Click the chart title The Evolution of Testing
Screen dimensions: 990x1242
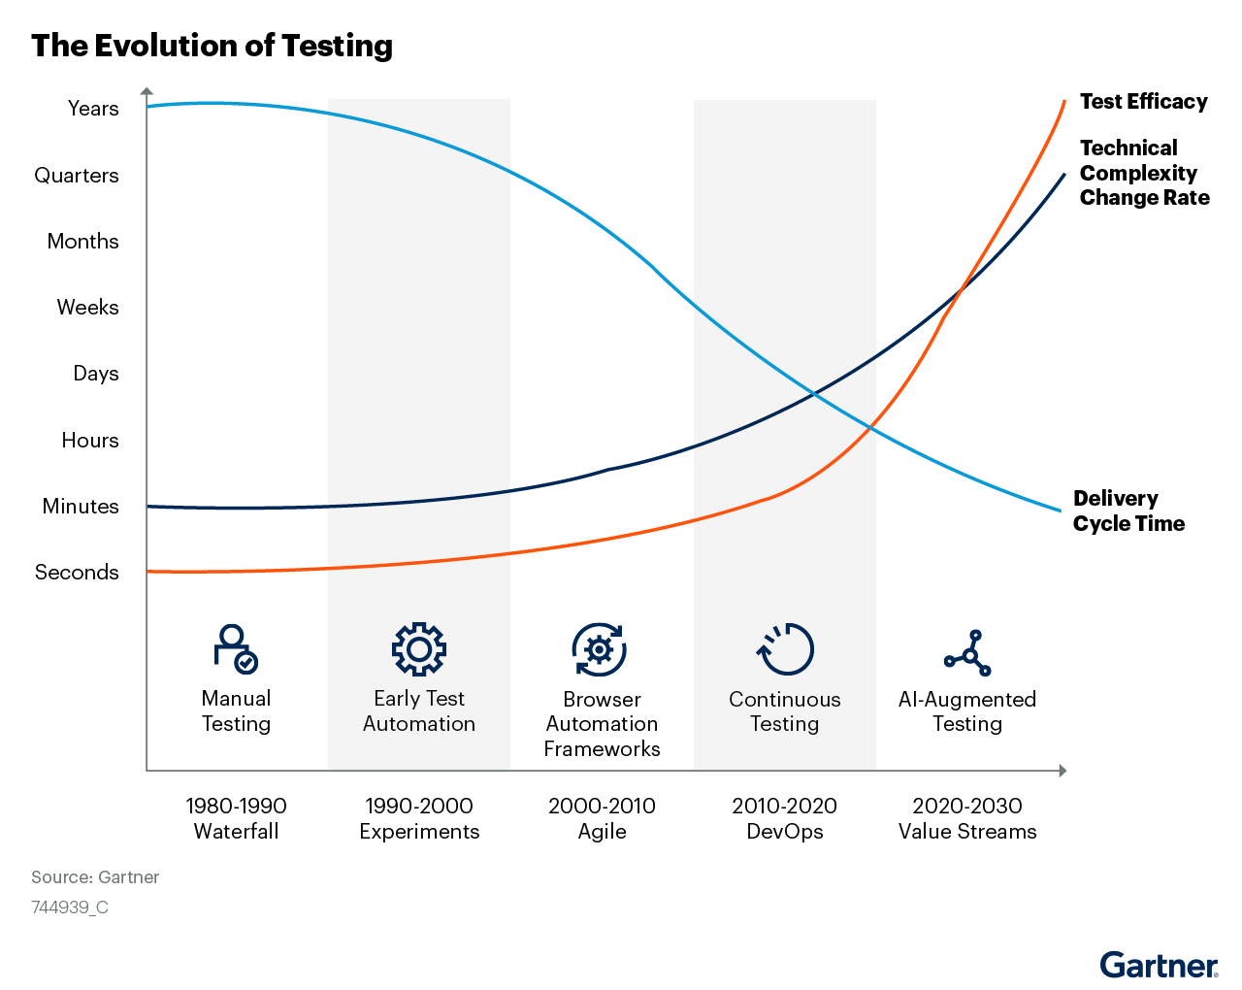coord(212,46)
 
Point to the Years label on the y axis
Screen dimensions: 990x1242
coord(93,109)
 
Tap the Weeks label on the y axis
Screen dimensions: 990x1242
coord(87,308)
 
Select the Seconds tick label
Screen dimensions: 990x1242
coord(77,573)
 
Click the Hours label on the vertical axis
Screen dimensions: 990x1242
coord(90,441)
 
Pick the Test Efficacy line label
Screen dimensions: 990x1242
coord(1143,102)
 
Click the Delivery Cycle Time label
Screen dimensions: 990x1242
coord(1128,511)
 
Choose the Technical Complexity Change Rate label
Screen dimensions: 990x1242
coord(1144,173)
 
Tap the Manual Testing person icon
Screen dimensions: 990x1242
coord(236,648)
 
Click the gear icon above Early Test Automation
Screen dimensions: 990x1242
coord(419,648)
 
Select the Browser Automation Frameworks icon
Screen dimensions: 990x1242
coord(600,649)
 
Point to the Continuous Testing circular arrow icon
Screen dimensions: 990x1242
coord(785,648)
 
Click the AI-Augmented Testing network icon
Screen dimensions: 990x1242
coord(967,652)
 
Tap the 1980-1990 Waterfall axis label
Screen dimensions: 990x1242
coord(236,818)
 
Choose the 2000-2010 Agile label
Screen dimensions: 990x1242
coord(602,818)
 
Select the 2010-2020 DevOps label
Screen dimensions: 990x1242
coord(785,818)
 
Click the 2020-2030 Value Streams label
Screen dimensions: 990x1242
coord(967,818)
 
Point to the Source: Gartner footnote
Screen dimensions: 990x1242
coord(95,877)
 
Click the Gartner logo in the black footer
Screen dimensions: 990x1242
coord(1159,966)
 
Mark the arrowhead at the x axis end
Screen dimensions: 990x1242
coord(1062,771)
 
